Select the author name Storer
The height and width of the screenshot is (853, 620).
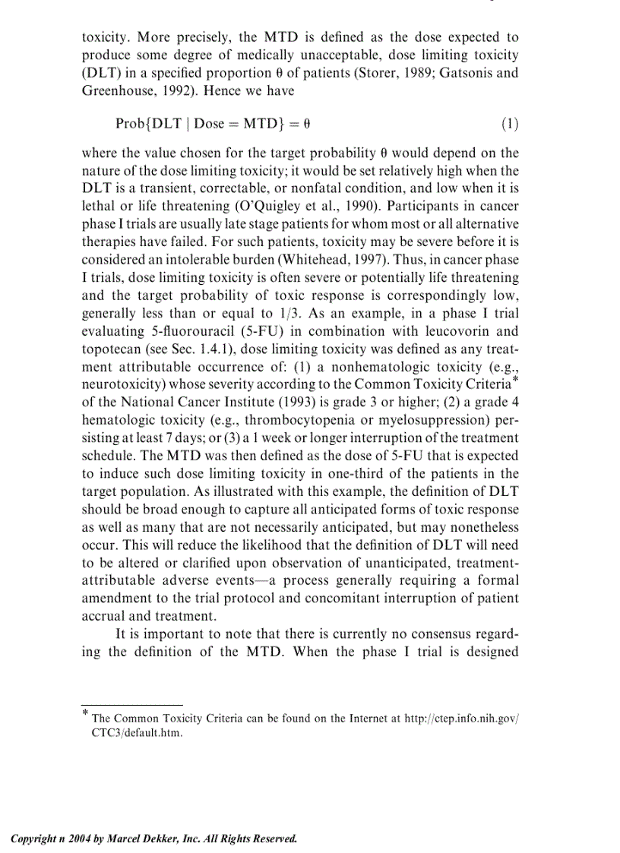click(388, 73)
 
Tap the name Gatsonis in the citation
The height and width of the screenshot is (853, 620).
click(464, 73)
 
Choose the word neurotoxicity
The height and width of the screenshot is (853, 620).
click(120, 384)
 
